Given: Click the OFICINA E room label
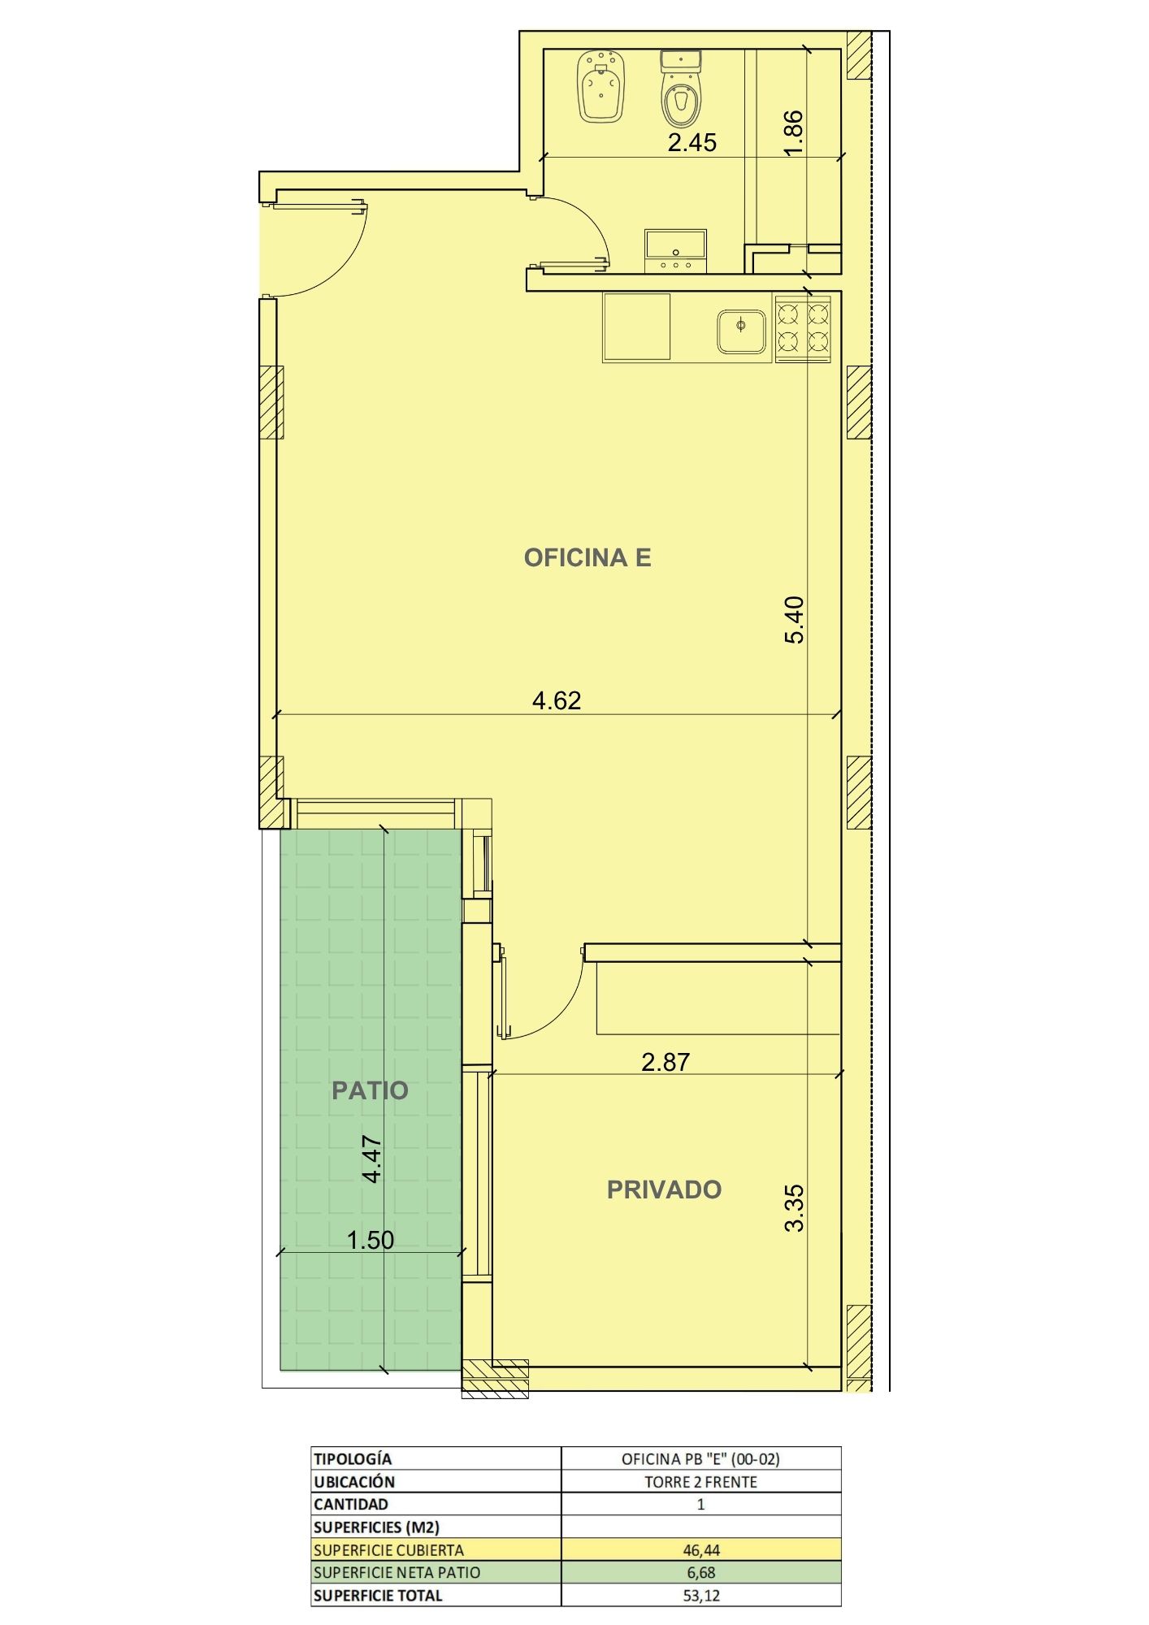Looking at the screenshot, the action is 588,557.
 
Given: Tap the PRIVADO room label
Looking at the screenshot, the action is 664,1189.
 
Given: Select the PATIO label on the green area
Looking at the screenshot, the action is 370,1090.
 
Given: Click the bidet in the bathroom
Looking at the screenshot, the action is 601,87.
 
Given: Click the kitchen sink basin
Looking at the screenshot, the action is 742,331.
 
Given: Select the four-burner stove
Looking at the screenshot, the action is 803,327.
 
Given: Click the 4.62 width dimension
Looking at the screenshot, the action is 557,700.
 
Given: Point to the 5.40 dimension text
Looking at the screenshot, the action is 794,620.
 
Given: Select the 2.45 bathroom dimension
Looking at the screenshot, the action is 692,143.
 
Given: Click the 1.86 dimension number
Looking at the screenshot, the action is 794,132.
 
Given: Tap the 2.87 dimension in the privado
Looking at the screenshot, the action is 666,1062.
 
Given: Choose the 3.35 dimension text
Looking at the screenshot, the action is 794,1208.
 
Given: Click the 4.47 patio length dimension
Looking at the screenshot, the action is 371,1159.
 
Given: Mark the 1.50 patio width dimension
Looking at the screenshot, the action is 371,1240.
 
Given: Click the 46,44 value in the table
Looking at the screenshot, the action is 701,1550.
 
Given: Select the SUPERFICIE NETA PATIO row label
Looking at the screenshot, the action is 397,1573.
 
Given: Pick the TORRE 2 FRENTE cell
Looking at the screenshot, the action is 700,1482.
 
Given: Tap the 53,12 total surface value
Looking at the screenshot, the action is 701,1596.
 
